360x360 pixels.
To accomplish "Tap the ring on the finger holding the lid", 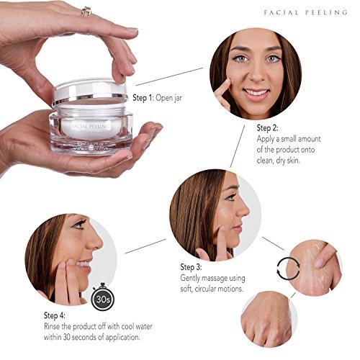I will click(86, 11).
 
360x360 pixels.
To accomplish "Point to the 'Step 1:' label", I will click(144, 97).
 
